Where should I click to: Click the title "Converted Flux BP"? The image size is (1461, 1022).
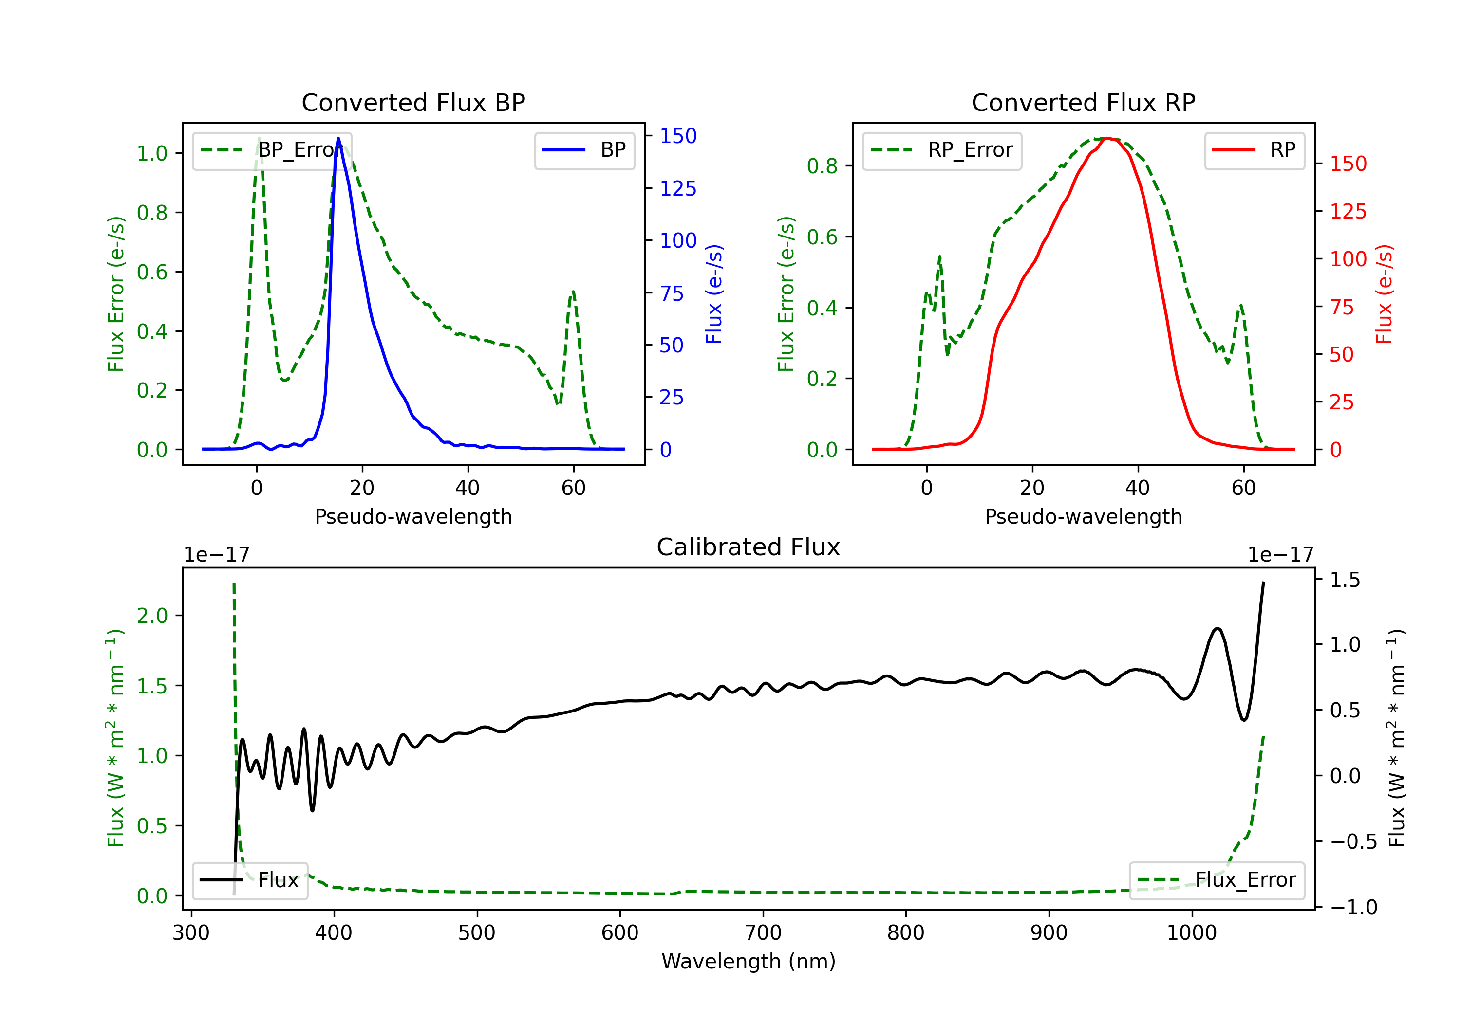(x=413, y=102)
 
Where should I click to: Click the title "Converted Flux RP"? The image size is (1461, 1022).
(x=1084, y=102)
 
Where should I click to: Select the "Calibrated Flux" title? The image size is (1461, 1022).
(x=749, y=547)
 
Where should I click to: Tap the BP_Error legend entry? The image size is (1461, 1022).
(x=272, y=150)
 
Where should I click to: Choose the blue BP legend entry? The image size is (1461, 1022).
(x=584, y=150)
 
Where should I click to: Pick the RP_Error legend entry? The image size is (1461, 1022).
(x=942, y=150)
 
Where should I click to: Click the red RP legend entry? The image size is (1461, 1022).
(x=1254, y=150)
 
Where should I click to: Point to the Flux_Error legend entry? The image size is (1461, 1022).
(x=1217, y=880)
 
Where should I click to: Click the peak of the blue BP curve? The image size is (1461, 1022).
(x=338, y=138)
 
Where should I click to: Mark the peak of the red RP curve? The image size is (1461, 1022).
(x=1107, y=138)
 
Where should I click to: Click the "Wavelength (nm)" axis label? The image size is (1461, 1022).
(x=749, y=962)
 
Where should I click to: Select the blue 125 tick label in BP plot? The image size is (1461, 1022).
(x=678, y=188)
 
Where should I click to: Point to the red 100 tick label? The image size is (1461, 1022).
(x=1349, y=259)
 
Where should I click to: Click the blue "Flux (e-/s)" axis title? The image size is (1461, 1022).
(x=714, y=294)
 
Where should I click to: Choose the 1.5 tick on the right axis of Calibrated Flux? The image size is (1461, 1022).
(x=1345, y=580)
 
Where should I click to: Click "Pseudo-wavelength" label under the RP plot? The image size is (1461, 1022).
(x=1084, y=516)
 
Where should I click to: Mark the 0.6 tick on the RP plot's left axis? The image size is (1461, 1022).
(x=822, y=237)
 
